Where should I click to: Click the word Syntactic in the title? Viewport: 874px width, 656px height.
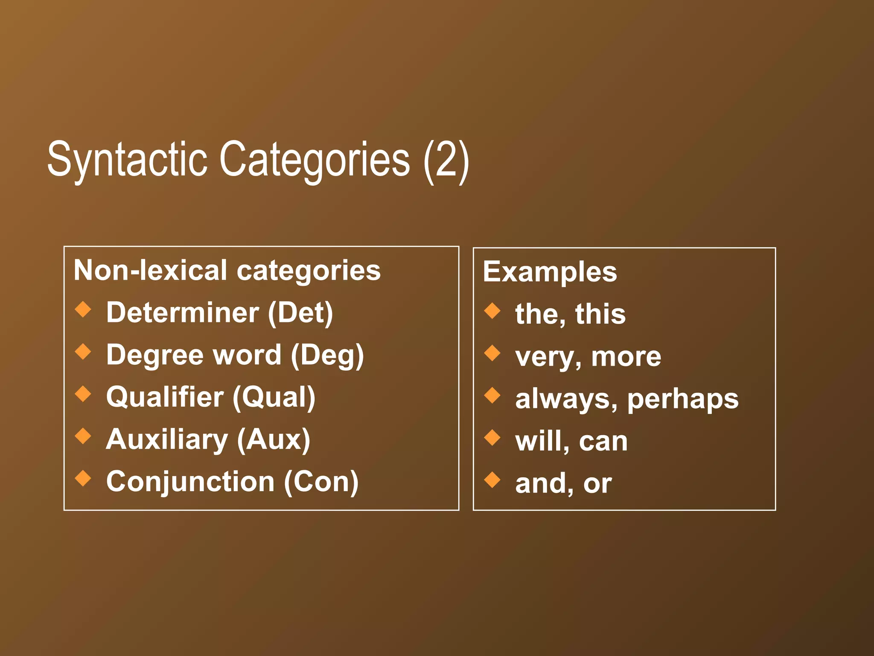pos(127,160)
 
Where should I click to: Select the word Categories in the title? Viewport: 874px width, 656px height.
pos(315,160)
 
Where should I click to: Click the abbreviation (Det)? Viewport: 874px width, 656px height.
pos(300,313)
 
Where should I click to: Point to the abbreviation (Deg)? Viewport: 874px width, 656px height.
pos(327,355)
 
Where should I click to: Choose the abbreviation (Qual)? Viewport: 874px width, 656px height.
pos(274,397)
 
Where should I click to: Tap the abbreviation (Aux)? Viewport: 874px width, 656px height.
pos(274,439)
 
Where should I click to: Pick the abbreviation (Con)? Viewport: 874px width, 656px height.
pos(321,482)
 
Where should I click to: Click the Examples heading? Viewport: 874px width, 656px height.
pos(550,272)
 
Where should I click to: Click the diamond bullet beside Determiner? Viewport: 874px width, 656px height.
pos(83,310)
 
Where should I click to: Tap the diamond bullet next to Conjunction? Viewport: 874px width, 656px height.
pos(83,478)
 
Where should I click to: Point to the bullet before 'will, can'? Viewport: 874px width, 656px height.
pos(492,438)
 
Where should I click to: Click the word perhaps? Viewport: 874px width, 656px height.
pos(683,399)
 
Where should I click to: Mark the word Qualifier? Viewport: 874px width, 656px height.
pos(165,397)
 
